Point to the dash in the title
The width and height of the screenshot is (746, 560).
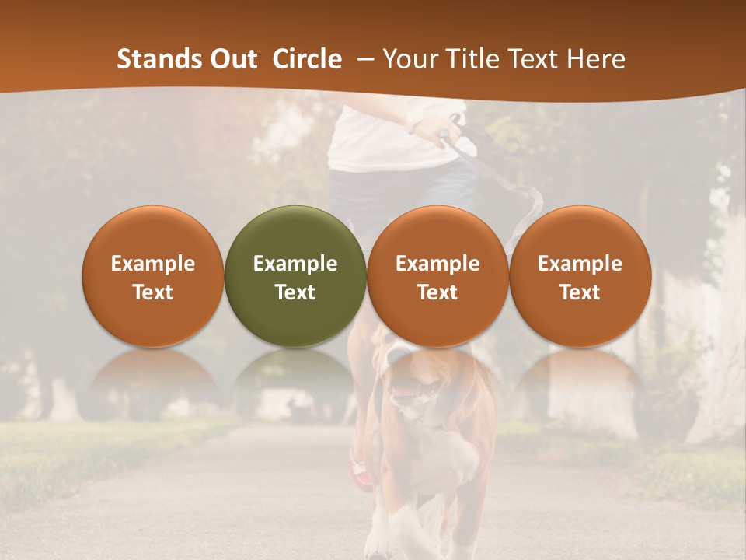coord(362,60)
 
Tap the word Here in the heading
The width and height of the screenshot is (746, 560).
coord(595,59)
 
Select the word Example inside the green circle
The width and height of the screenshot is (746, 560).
coord(295,264)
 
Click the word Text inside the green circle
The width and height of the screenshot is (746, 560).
coord(295,292)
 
